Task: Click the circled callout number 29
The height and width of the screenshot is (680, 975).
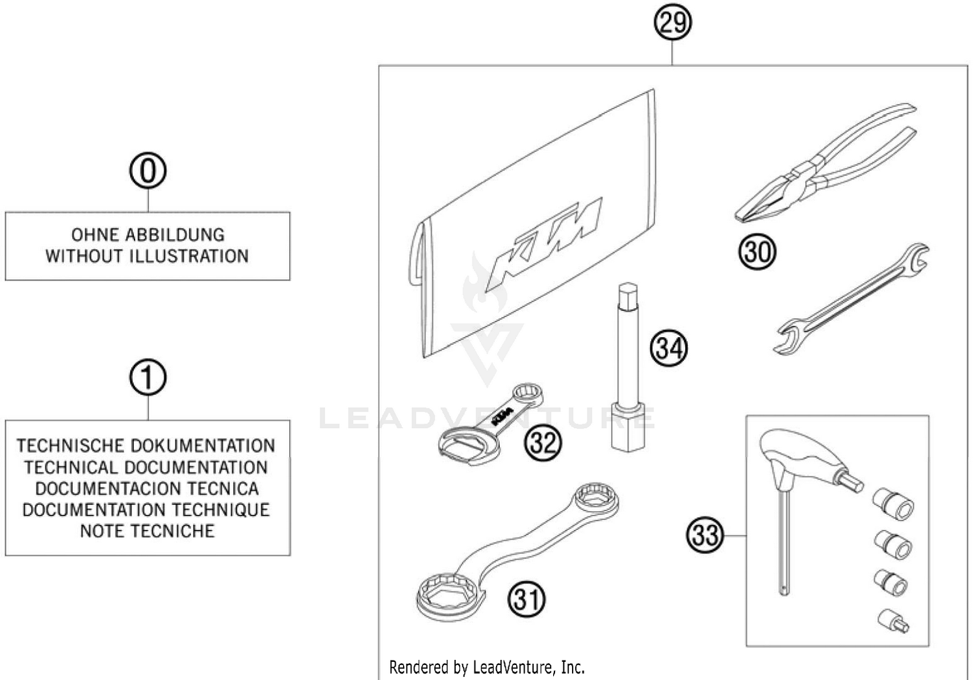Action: tap(672, 23)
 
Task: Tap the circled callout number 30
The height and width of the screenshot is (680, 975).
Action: tap(757, 251)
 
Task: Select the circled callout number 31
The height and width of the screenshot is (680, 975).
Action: tap(526, 599)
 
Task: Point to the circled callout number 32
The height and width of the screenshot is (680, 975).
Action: tap(543, 443)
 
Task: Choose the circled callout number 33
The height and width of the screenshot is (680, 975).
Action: tap(705, 535)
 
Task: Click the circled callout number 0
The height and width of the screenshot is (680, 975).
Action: tap(148, 171)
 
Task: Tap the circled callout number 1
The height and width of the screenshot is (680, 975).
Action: tap(148, 377)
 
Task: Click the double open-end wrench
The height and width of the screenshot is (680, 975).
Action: tap(851, 299)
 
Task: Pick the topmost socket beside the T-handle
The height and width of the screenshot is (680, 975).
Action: tap(894, 503)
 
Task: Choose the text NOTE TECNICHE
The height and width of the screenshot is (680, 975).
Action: tap(147, 531)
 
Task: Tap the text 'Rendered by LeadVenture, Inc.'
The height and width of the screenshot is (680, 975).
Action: tap(487, 667)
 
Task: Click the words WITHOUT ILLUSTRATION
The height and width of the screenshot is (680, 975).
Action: tap(147, 256)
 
